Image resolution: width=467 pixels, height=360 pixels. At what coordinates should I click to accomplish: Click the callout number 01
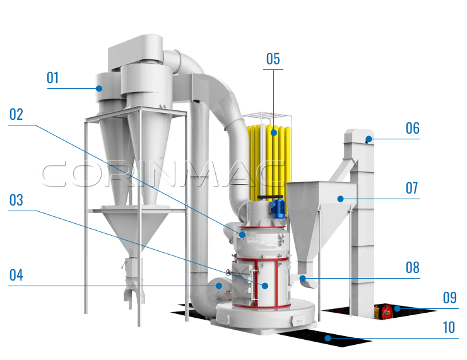click(53, 78)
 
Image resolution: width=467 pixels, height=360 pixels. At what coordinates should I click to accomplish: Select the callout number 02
click(16, 115)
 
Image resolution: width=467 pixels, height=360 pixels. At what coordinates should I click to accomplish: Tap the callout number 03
click(16, 200)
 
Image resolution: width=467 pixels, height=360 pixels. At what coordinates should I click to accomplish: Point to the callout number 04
click(16, 276)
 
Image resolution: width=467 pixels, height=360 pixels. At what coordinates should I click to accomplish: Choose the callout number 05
click(273, 59)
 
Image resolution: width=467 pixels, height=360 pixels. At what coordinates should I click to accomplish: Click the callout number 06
click(413, 128)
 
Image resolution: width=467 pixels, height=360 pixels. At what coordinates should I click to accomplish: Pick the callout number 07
click(412, 188)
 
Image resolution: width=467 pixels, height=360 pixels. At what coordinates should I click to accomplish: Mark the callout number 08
click(413, 267)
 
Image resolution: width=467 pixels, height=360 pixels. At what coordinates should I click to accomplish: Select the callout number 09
click(450, 298)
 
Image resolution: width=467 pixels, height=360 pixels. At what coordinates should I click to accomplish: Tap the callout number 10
click(449, 328)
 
